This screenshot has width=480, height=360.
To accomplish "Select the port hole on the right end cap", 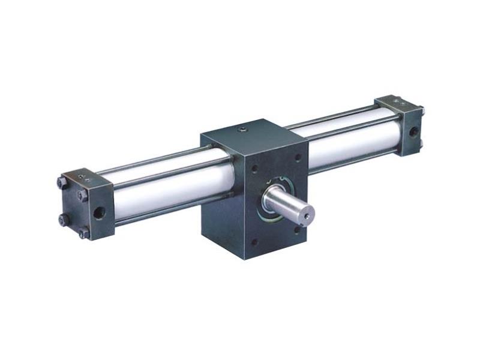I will point(414,130).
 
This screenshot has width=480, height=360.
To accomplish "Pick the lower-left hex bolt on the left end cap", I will point(62,220).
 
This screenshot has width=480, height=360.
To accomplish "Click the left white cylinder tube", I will point(156,189).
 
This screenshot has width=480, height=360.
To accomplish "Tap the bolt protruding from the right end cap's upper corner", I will point(421,110).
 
